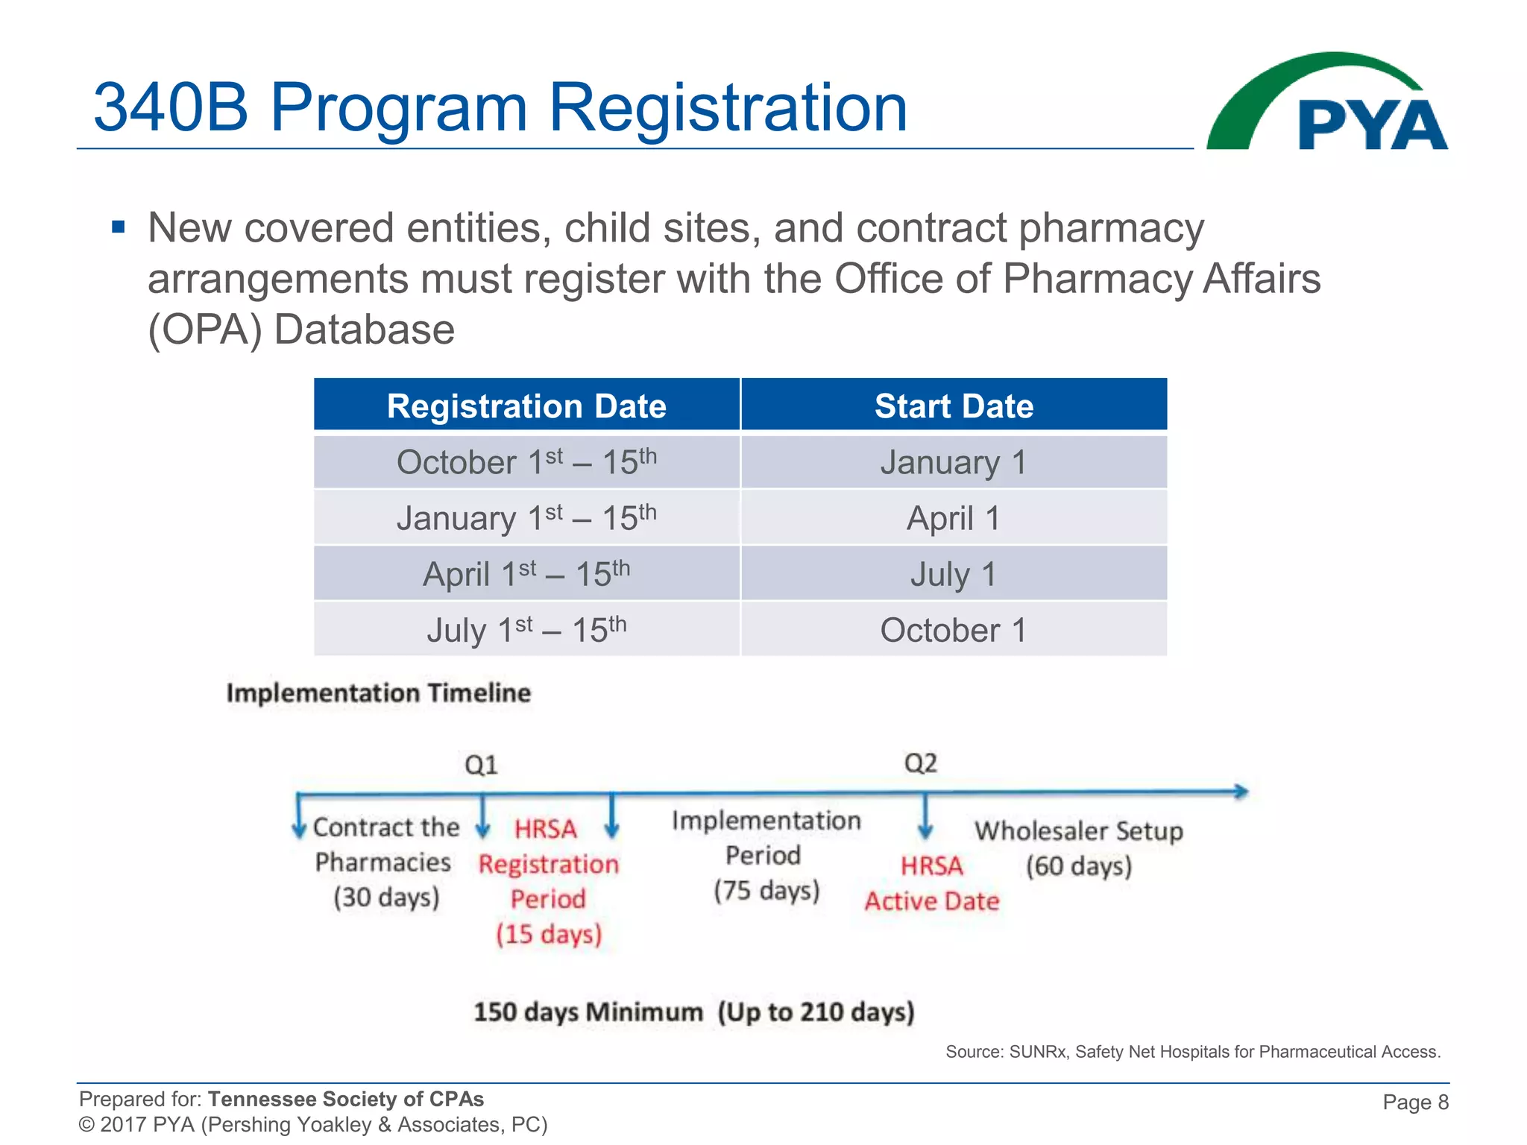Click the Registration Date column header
(x=526, y=406)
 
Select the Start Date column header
(x=954, y=406)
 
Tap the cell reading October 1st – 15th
(x=526, y=462)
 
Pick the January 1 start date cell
(x=954, y=462)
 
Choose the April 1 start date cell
(x=954, y=518)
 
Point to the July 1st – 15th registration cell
(x=526, y=630)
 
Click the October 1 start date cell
(x=954, y=630)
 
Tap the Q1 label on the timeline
(x=481, y=765)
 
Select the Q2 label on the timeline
(x=920, y=763)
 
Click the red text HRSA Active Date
(x=931, y=884)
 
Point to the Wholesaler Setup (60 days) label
(x=1078, y=848)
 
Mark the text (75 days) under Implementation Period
(x=766, y=890)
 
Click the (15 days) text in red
(x=549, y=934)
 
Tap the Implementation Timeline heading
(x=379, y=693)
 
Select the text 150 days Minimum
(x=588, y=1012)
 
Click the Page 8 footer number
(x=1415, y=1102)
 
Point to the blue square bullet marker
(x=118, y=227)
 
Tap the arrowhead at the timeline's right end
(x=1241, y=792)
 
